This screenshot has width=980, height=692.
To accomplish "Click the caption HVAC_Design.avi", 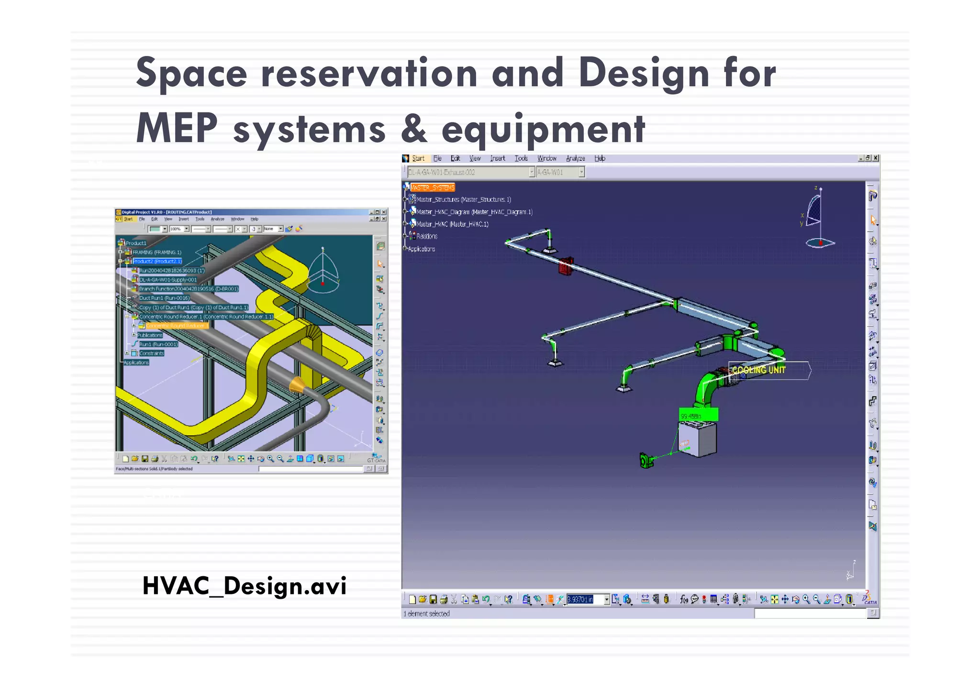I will [x=244, y=586].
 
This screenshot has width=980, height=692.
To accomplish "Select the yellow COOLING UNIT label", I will [x=758, y=370].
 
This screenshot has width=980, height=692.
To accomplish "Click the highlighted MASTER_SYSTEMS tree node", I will [x=432, y=187].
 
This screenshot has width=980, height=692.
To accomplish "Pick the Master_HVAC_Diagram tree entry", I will [x=474, y=212].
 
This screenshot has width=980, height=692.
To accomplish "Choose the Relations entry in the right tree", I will [x=426, y=236].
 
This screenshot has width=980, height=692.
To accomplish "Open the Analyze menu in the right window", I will [x=575, y=158].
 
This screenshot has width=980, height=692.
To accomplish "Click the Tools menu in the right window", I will [x=521, y=158].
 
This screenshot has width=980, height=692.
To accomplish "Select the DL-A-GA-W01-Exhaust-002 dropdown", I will [x=469, y=172].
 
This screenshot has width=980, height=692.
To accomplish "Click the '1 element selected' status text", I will [x=426, y=614].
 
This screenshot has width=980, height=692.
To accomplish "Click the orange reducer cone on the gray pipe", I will [x=297, y=384].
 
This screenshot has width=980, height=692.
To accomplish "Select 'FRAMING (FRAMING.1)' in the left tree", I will [x=156, y=252].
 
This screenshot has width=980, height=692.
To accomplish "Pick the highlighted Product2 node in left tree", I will [x=157, y=261].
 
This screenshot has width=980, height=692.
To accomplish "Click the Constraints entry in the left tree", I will [x=151, y=353].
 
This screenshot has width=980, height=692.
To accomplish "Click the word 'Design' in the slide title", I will [x=644, y=73].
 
